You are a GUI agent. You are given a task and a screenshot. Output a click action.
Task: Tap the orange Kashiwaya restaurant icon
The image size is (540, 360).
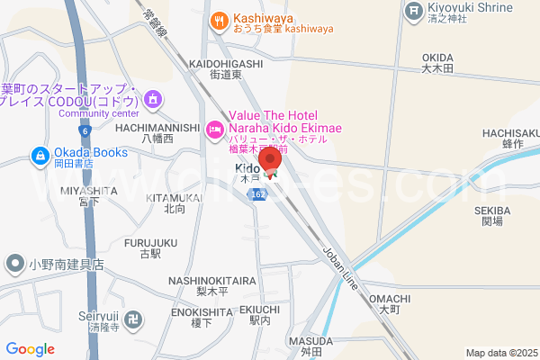[x=218, y=20]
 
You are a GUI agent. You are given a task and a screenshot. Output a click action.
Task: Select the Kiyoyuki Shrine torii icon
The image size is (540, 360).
[x=413, y=11]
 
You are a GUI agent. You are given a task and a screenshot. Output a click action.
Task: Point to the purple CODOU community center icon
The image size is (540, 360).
[x=153, y=98]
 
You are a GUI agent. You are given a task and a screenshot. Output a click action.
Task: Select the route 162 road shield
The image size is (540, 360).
[x=259, y=194]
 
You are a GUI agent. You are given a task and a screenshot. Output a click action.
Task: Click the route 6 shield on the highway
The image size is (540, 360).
[x=84, y=131]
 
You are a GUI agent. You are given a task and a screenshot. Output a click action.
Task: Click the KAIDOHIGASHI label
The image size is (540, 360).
[x=226, y=64]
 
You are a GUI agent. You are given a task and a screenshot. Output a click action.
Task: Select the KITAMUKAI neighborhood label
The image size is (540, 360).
[x=175, y=198]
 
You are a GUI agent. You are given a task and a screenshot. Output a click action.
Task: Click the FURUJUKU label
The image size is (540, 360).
[x=150, y=243]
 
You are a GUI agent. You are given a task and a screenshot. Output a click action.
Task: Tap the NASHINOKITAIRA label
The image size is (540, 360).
[x=212, y=281]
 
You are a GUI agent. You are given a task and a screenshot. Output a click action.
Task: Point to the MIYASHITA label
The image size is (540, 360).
[x=89, y=191]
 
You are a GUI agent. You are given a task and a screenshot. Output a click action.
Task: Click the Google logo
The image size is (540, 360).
[x=31, y=349]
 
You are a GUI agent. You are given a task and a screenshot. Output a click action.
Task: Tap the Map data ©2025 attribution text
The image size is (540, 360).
[x=499, y=353]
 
